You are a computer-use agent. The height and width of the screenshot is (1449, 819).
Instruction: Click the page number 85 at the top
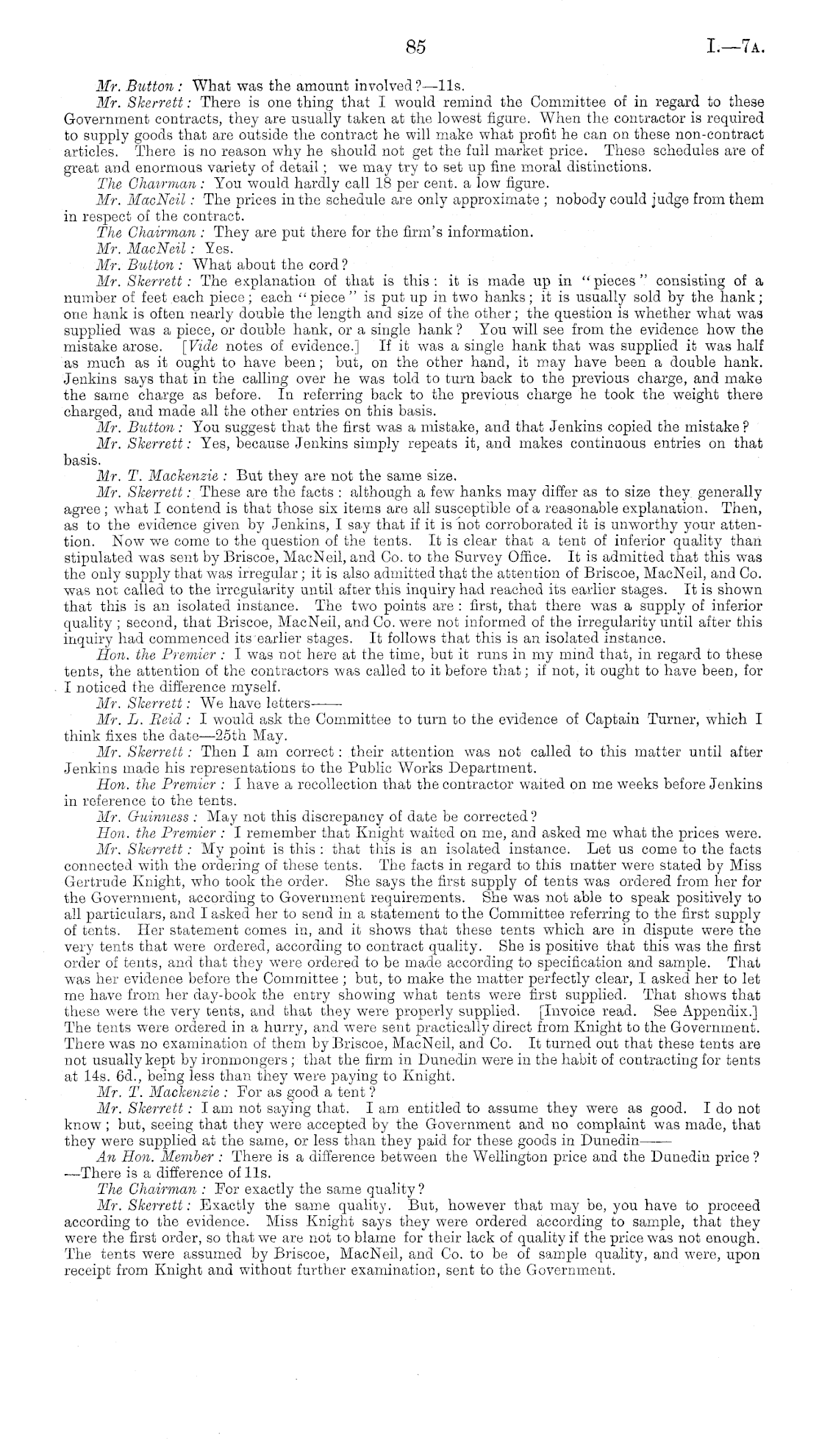(x=415, y=48)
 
